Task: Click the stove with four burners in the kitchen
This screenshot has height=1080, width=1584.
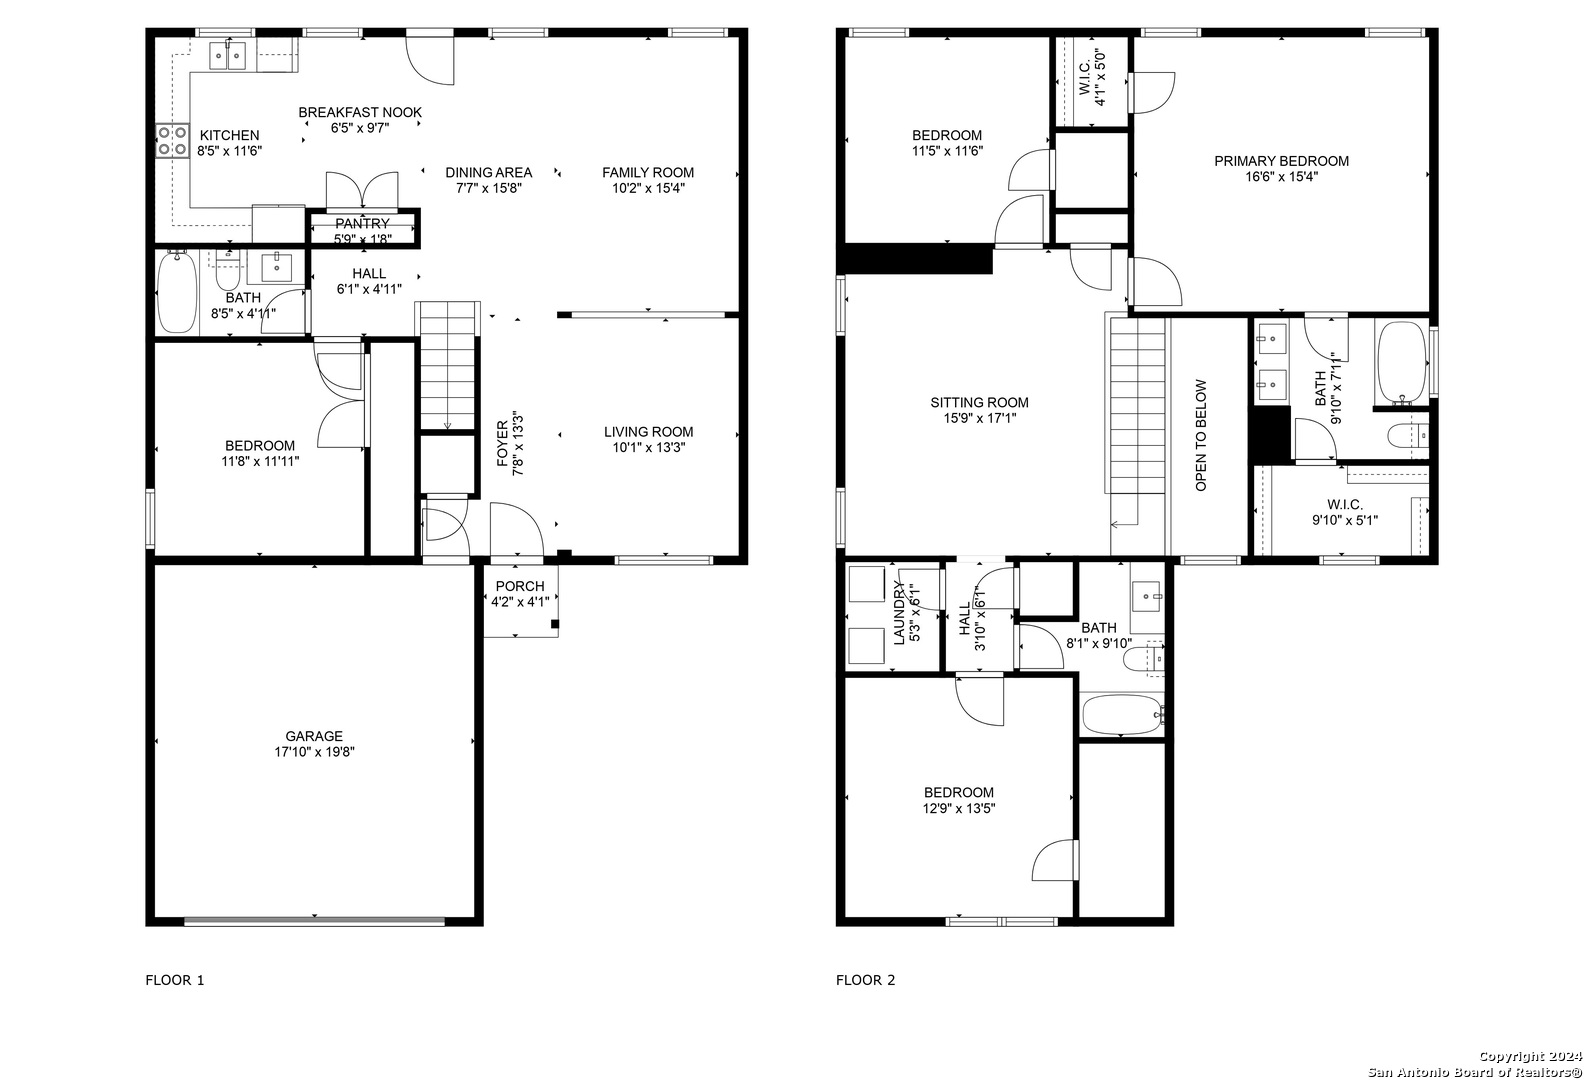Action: pyautogui.click(x=173, y=141)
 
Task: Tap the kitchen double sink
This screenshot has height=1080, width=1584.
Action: pyautogui.click(x=227, y=55)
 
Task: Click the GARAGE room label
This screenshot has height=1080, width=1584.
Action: pyautogui.click(x=314, y=736)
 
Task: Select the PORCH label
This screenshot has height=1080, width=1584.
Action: pyautogui.click(x=520, y=586)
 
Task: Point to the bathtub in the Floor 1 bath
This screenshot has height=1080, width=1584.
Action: pyautogui.click(x=177, y=293)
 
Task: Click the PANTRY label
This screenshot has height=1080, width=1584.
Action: pyautogui.click(x=362, y=223)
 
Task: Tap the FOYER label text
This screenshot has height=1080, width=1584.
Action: pyautogui.click(x=502, y=443)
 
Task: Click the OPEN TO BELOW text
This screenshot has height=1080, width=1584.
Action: pyautogui.click(x=1201, y=436)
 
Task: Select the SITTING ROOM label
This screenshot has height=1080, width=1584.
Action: pyautogui.click(x=979, y=402)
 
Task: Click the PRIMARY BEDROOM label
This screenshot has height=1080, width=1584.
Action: pyautogui.click(x=1281, y=161)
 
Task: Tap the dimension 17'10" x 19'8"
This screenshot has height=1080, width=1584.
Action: pyautogui.click(x=314, y=752)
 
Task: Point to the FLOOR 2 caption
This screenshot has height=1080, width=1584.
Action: pyautogui.click(x=866, y=980)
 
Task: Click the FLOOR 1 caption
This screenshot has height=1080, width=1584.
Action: pyautogui.click(x=175, y=980)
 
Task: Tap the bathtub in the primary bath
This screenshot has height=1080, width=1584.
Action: pyautogui.click(x=1402, y=362)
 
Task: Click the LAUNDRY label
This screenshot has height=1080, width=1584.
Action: pyautogui.click(x=899, y=613)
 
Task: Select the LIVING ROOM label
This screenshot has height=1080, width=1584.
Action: pyautogui.click(x=648, y=432)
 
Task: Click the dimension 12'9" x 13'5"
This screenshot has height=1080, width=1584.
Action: pyautogui.click(x=959, y=808)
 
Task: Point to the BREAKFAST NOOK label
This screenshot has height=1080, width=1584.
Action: pyautogui.click(x=360, y=112)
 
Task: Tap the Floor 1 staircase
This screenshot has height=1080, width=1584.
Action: pyautogui.click(x=447, y=366)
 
